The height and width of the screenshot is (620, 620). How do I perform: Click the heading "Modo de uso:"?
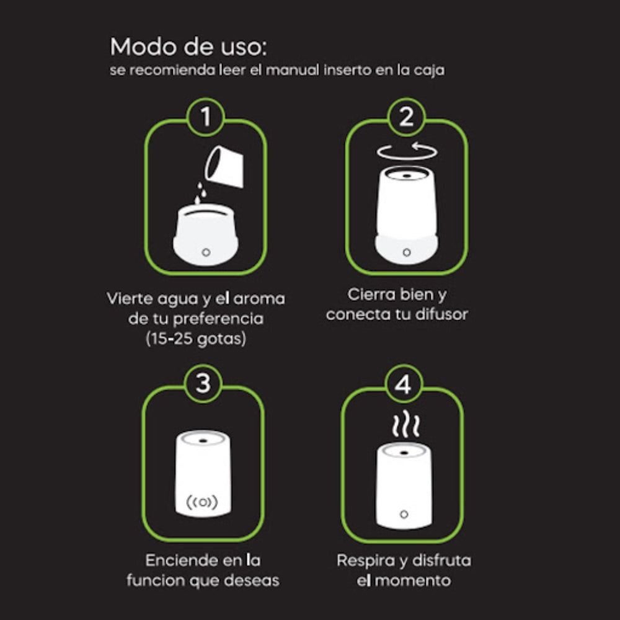[x=188, y=46]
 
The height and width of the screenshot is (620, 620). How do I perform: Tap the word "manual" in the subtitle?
[x=292, y=71]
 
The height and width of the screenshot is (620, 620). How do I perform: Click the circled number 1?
[x=206, y=117]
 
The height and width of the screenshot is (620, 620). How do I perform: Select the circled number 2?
[x=406, y=117]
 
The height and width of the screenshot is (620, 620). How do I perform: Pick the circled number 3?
[x=203, y=383]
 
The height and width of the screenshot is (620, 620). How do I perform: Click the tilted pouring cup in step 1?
[x=223, y=166]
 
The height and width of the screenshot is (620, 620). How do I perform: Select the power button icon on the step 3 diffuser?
[x=203, y=502]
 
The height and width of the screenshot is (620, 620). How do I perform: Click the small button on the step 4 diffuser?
[x=404, y=514]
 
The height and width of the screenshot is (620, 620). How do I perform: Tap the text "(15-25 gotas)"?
[x=196, y=339]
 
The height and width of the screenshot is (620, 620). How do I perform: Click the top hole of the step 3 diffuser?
[x=203, y=440]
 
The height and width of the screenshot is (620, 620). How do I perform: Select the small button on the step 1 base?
[x=206, y=252]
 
